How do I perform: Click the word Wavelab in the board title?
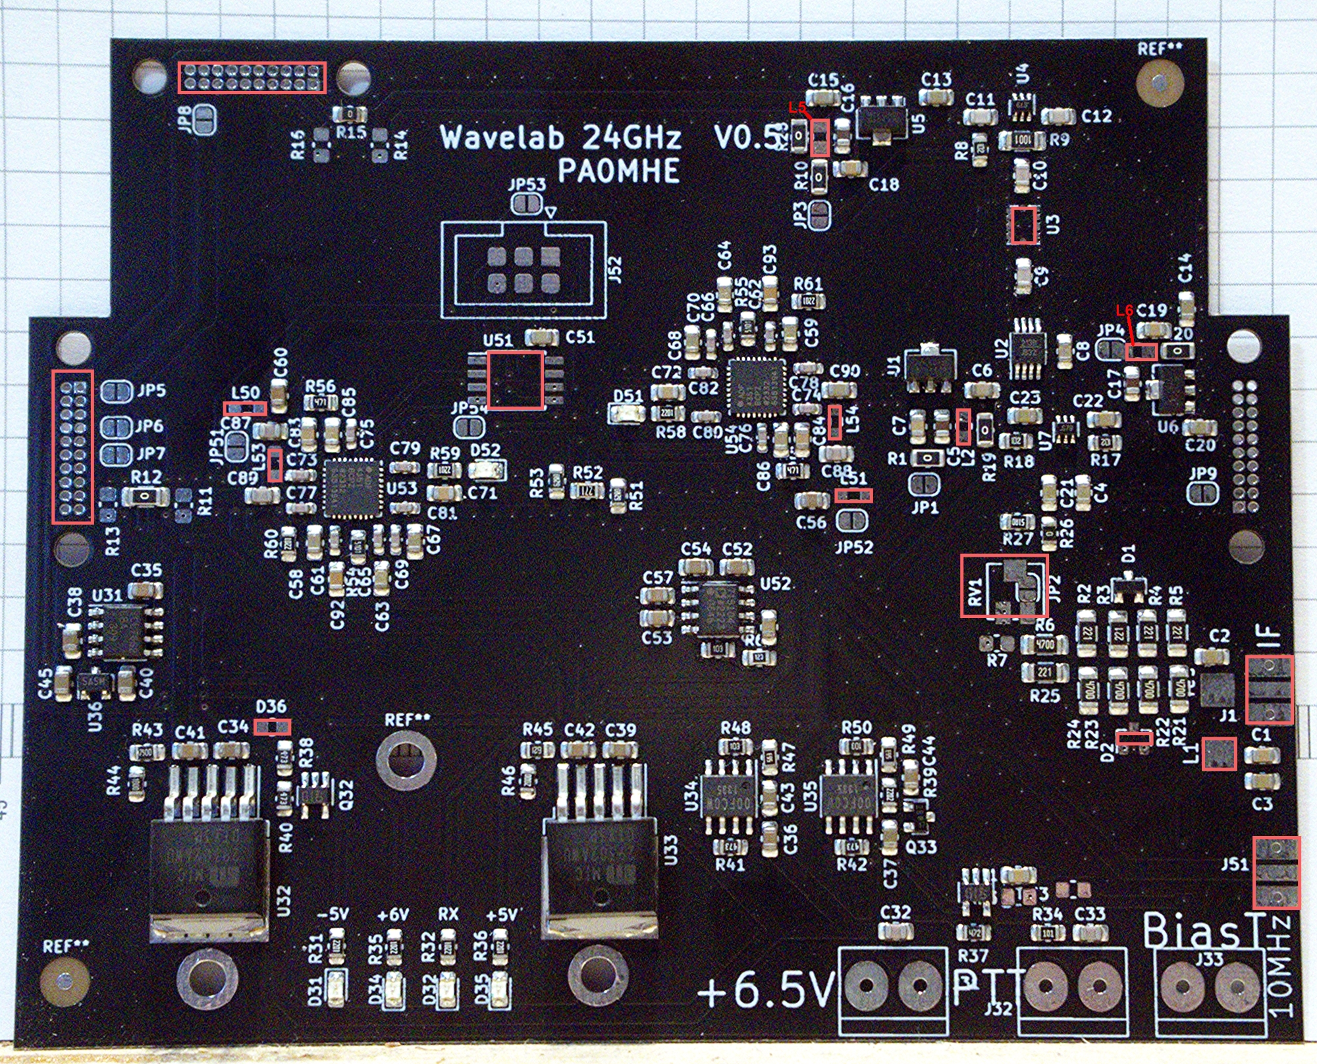[x=502, y=137]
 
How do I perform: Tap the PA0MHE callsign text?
[x=618, y=171]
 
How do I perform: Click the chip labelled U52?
[x=718, y=608]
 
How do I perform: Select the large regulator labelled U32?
[x=209, y=870]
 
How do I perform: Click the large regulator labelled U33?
[x=600, y=870]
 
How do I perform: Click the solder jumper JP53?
[x=528, y=204]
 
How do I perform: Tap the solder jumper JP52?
[x=851, y=522]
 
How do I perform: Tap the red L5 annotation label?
[x=797, y=107]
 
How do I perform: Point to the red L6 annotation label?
[x=1124, y=310]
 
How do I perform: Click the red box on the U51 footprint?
[x=515, y=380]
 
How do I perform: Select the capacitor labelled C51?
[x=541, y=338]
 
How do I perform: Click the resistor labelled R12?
[x=146, y=496]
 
